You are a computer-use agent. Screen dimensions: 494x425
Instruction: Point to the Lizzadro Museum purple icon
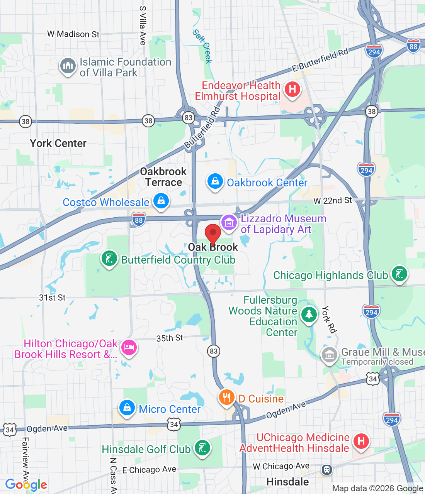[x=229, y=223]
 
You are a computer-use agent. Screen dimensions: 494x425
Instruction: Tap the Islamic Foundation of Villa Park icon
[x=68, y=66]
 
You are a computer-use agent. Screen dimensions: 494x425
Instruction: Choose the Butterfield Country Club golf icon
[x=109, y=259]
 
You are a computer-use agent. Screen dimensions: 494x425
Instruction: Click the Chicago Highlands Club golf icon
[x=399, y=274]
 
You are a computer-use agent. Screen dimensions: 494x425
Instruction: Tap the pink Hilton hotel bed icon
[x=129, y=347]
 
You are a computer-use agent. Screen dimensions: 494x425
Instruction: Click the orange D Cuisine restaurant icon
[x=227, y=398]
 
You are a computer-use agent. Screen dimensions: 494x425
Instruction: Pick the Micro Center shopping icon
[x=127, y=408]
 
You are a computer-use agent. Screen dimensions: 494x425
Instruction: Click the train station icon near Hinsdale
[x=327, y=470]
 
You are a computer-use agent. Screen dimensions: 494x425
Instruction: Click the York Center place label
[x=58, y=144]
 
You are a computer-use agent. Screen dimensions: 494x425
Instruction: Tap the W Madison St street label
[x=73, y=34]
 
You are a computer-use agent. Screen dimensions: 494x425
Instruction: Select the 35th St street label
[x=170, y=338]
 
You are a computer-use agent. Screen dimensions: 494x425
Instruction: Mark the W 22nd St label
[x=333, y=201]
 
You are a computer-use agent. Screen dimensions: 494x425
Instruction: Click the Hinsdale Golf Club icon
[x=202, y=448]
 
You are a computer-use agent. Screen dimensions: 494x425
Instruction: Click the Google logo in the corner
[x=26, y=485]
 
